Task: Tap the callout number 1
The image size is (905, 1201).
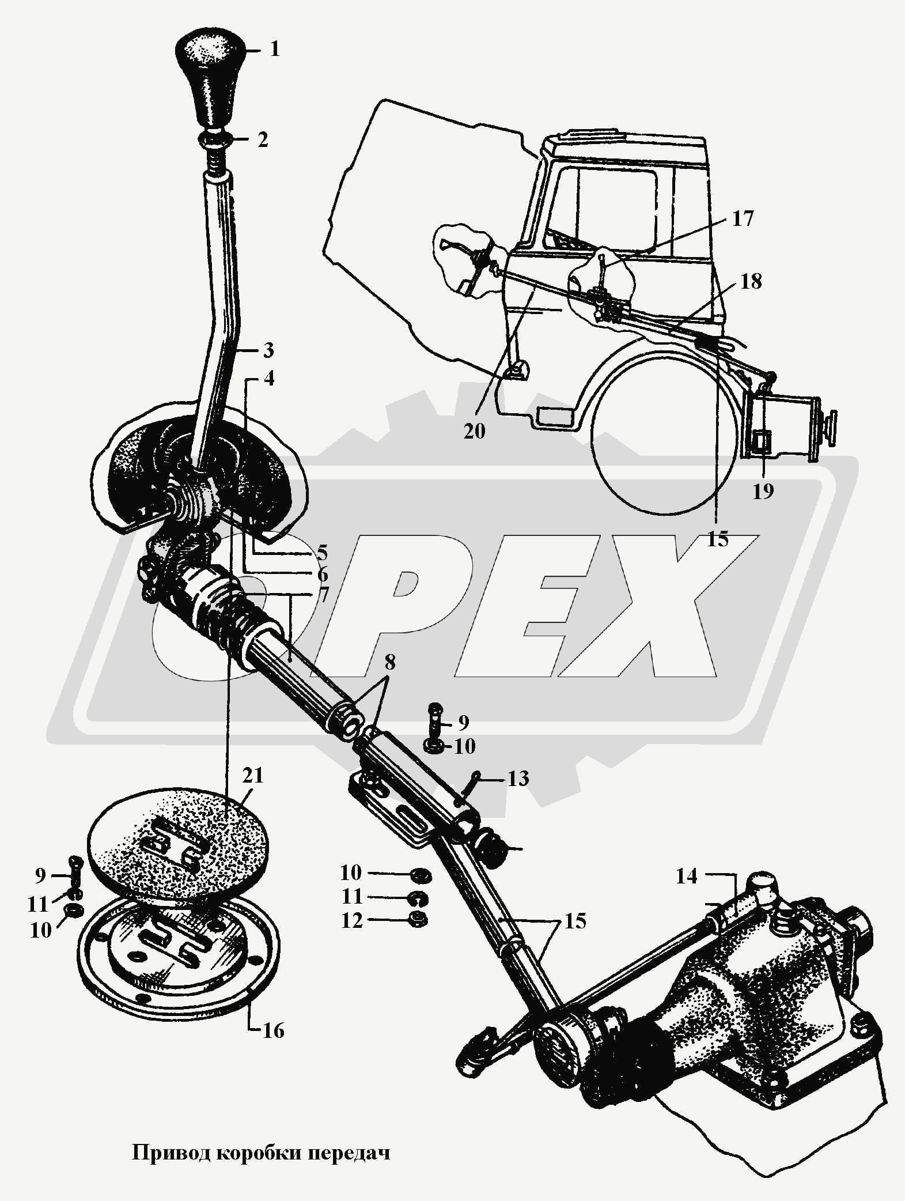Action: [274, 50]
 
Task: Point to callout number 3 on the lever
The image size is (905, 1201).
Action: [268, 350]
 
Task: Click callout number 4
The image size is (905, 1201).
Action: [268, 379]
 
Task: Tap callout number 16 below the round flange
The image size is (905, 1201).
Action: [274, 1030]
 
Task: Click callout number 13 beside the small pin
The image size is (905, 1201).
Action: [518, 779]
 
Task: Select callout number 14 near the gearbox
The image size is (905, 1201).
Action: [686, 877]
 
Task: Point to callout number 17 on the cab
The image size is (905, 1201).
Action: [743, 219]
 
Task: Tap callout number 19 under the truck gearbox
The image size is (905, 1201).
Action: [763, 492]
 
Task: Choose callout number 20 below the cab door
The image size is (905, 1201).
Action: [475, 430]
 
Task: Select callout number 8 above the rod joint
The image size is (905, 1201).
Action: [390, 663]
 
